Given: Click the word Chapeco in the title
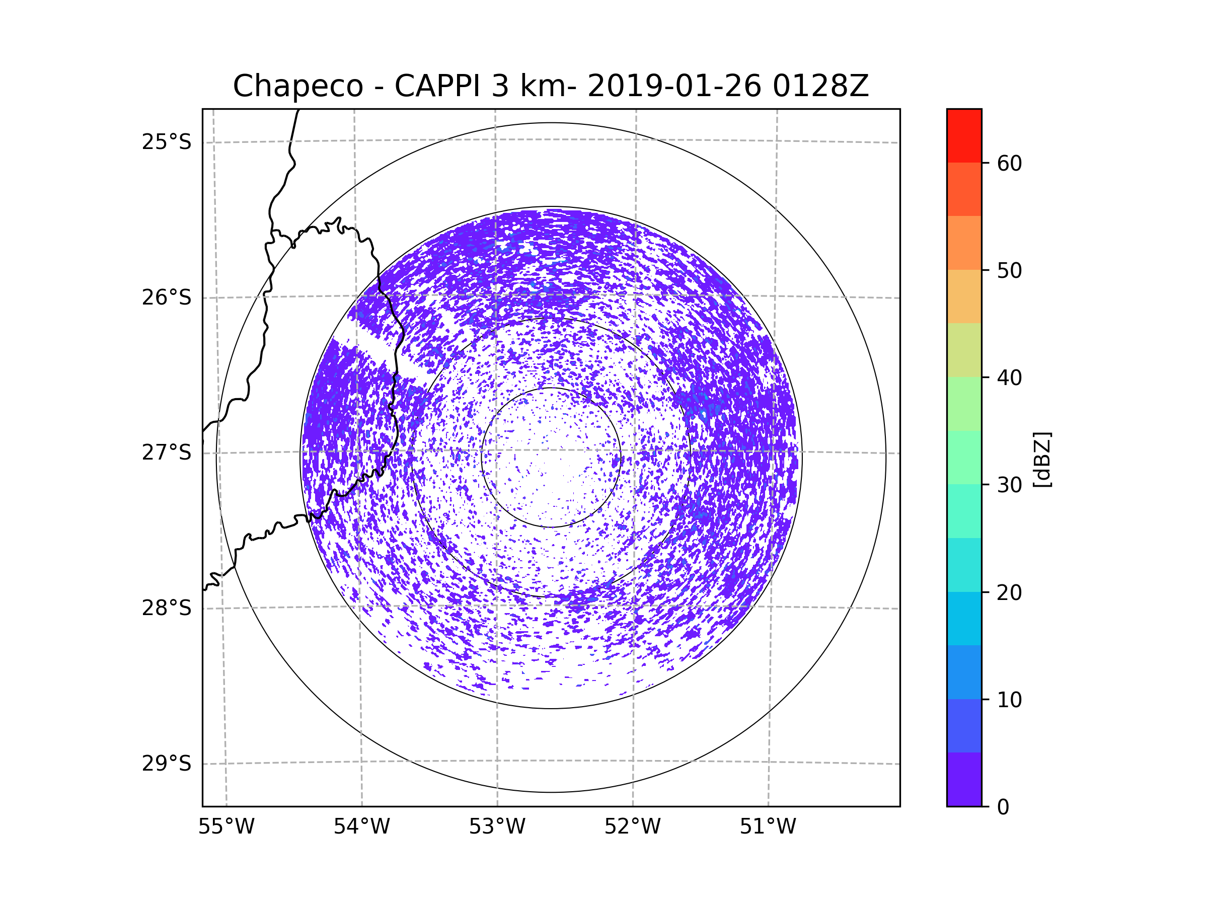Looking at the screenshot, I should (x=297, y=86).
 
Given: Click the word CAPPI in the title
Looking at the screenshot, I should (x=437, y=86).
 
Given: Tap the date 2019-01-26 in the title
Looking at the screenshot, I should (x=674, y=86).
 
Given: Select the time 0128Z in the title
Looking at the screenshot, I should (x=820, y=86).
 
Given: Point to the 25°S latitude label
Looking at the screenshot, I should (x=167, y=142).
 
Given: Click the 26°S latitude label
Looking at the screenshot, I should (x=167, y=297).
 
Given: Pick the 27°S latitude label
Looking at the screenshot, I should (x=167, y=452).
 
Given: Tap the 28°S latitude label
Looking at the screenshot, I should (x=167, y=608).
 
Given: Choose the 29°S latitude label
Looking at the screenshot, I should (x=167, y=764).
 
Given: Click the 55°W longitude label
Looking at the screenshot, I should (x=226, y=827).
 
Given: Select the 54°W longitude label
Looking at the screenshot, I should (x=361, y=827).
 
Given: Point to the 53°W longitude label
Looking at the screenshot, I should (x=497, y=827).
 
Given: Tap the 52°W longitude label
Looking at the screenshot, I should (x=632, y=827).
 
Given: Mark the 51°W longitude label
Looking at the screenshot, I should (x=768, y=827).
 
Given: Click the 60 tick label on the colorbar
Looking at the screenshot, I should (x=1009, y=163).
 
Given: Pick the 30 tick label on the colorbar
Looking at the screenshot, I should (x=1009, y=485).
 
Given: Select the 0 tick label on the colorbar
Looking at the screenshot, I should (x=1003, y=807).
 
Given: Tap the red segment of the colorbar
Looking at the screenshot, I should (x=964, y=135).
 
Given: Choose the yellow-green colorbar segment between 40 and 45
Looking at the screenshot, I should (x=964, y=350).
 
